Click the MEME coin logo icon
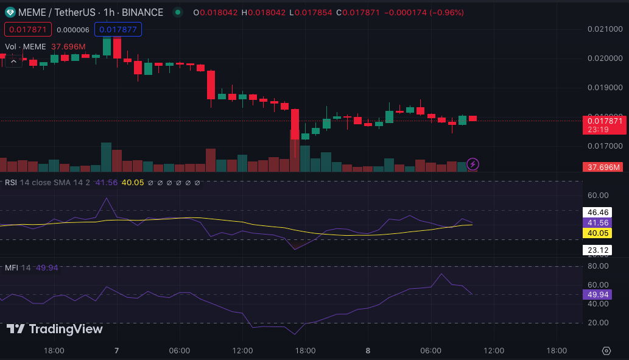coord(10,12)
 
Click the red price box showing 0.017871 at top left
coord(28,29)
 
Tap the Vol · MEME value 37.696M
coord(68,46)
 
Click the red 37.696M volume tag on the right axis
coord(602,167)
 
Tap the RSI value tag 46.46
coord(597,213)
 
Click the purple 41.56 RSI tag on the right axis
coord(597,223)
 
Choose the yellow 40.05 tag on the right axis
coord(597,233)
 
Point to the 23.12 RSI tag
coord(597,250)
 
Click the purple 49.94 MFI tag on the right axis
coord(597,294)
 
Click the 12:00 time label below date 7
coord(242,350)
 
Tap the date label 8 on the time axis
coord(368,350)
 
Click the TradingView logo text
coord(55,329)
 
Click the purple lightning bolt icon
coord(473,164)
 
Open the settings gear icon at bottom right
coord(606,351)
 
